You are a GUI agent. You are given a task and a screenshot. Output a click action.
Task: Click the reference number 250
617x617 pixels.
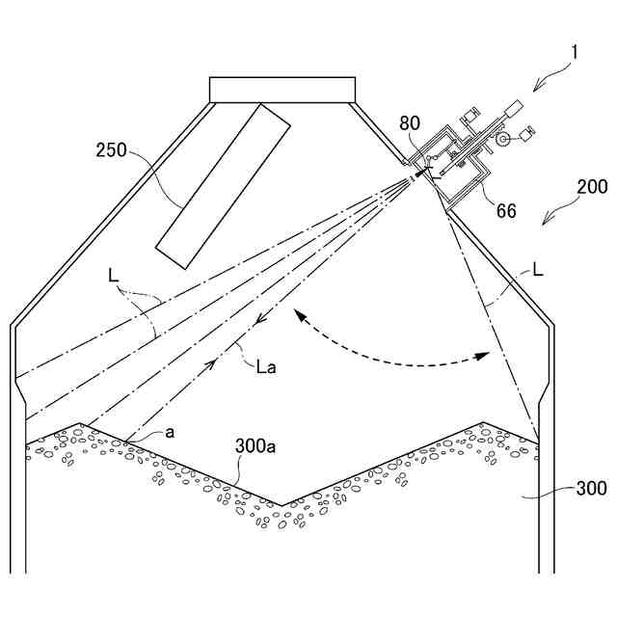[112, 150]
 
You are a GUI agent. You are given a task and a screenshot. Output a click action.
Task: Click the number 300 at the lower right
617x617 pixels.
[591, 489]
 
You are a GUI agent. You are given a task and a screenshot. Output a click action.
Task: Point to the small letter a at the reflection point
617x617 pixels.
[170, 433]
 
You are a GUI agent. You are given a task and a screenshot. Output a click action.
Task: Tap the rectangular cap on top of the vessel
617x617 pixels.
[282, 88]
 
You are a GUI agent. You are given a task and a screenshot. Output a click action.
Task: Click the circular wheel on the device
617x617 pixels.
[503, 140]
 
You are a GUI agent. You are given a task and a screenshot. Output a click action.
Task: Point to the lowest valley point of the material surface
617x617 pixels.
[280, 503]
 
